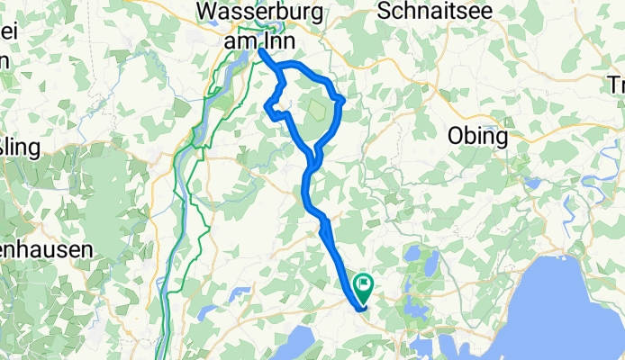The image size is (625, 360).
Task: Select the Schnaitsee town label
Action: (421, 13)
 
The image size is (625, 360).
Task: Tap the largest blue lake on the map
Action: (567, 306)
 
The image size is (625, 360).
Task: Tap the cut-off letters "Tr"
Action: (616, 86)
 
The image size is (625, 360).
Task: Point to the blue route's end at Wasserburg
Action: (261, 51)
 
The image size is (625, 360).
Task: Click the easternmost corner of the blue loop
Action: (342, 99)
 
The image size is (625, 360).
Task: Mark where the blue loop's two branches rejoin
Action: (312, 162)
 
